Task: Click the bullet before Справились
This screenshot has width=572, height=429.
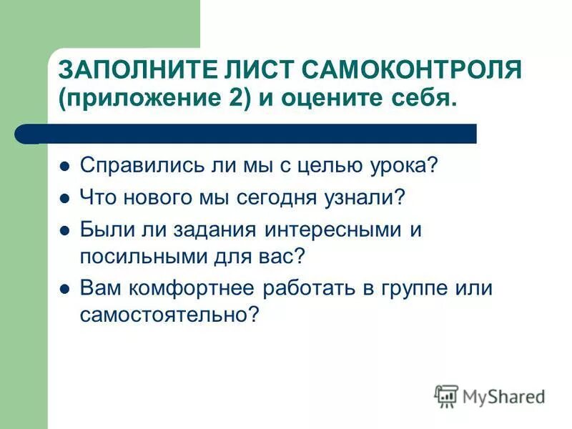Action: pos(64,166)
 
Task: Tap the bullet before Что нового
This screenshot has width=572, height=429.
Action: pos(64,198)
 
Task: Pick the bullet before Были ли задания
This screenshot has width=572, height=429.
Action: pos(64,231)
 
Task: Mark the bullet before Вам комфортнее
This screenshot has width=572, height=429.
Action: pos(64,289)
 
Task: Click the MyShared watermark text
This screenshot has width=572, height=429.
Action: pos(503,396)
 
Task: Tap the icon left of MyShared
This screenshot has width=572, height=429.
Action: pos(446,395)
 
